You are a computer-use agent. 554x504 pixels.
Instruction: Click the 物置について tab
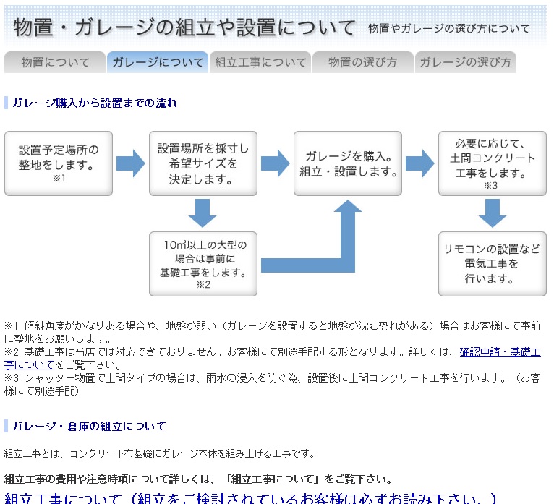pos(55,62)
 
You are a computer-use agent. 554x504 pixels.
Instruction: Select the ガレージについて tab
pos(158,62)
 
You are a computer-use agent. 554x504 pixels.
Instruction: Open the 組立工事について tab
pos(260,62)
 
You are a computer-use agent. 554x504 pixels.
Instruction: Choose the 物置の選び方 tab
pos(362,62)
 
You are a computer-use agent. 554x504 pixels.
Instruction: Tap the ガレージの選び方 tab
pos(465,62)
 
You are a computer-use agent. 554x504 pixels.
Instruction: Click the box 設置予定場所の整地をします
pos(59,163)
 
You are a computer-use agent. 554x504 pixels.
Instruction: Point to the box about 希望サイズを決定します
pos(203,163)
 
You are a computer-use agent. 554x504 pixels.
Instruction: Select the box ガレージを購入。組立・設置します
pos(348,163)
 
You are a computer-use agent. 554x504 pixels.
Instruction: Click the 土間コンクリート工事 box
pos(492,163)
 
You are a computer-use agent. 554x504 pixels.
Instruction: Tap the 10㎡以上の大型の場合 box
pos(203,263)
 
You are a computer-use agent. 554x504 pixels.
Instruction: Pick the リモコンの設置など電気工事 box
pos(492,263)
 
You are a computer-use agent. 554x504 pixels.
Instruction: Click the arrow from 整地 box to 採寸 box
pos(130,164)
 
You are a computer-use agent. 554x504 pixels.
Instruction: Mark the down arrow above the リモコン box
pos(492,213)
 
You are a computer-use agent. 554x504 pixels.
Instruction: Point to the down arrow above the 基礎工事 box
pos(203,213)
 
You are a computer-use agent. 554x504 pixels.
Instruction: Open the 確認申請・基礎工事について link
pos(500,352)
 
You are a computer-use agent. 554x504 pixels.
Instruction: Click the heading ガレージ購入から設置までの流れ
pos(94,103)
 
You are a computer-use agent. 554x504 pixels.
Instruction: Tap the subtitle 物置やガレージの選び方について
pos(448,29)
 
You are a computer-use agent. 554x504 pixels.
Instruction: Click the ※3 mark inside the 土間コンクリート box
pos(491,186)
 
